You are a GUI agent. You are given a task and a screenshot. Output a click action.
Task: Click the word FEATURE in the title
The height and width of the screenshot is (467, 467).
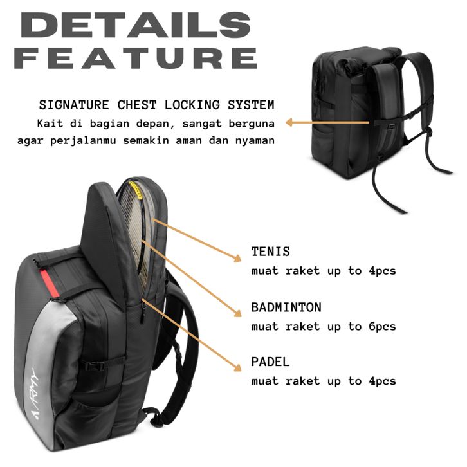point(136,58)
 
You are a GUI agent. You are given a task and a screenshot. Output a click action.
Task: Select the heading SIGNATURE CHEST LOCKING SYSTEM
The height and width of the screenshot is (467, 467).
point(156,105)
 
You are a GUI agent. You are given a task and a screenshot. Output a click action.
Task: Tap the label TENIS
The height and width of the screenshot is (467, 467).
point(270,252)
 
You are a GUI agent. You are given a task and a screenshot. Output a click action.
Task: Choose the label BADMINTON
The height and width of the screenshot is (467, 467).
point(286,307)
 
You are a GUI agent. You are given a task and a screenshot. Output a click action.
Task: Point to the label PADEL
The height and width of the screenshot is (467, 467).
point(270,362)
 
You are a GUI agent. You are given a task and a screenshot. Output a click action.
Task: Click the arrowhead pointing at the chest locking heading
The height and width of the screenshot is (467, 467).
point(290,122)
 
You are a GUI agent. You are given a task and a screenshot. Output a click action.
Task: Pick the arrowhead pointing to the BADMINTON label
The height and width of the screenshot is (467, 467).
point(237,314)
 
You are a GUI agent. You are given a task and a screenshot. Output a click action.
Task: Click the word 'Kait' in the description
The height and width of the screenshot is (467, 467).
point(50,122)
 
